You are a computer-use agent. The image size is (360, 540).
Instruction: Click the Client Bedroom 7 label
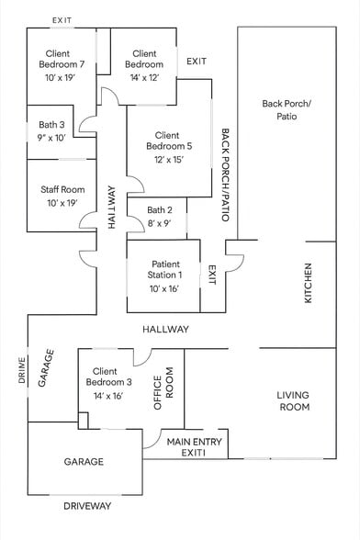point(63,59)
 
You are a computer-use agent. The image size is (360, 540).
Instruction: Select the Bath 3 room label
point(51,124)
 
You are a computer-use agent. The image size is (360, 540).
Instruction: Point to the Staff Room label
point(62,190)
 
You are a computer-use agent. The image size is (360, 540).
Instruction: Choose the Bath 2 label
point(160,210)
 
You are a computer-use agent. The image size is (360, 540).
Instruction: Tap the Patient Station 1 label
point(165,269)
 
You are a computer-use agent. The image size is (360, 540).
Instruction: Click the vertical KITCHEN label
point(309,284)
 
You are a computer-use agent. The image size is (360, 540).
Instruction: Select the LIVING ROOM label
point(293,400)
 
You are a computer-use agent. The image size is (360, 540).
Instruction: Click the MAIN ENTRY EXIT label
point(193,447)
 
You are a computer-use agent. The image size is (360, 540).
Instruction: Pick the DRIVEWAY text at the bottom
point(88,506)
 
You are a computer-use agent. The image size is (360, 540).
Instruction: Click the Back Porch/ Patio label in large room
point(287,110)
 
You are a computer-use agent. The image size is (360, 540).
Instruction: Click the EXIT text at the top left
point(62,19)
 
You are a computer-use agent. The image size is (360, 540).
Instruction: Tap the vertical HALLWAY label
point(111,208)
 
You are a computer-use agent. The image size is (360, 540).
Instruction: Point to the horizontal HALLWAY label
point(165,329)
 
